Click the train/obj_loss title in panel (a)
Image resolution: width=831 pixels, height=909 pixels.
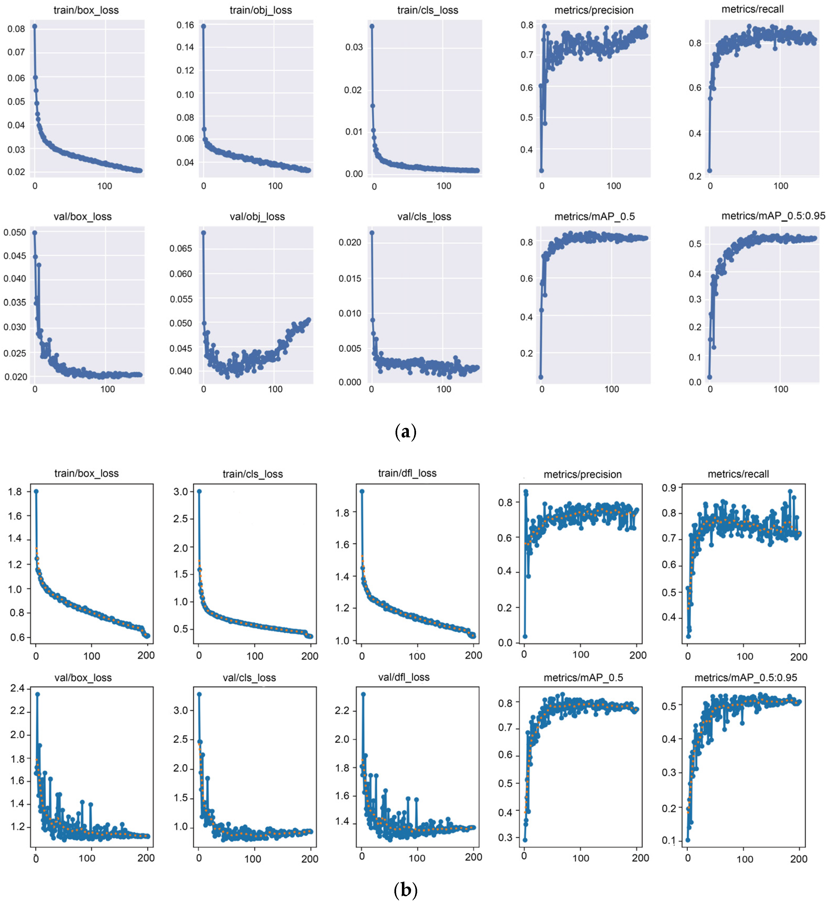click(x=260, y=10)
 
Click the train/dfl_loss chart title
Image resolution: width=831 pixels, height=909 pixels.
click(x=407, y=473)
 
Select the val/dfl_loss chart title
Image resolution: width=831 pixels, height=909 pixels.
click(x=404, y=677)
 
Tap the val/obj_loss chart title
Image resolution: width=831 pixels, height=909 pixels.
click(x=257, y=217)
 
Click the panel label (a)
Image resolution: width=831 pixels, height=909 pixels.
click(x=405, y=431)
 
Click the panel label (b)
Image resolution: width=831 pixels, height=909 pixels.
click(x=405, y=890)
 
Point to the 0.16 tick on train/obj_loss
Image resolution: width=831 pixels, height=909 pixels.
click(x=185, y=25)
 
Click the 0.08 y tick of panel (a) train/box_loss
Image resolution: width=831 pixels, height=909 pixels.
click(x=16, y=29)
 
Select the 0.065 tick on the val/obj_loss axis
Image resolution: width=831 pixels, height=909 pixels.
click(x=180, y=248)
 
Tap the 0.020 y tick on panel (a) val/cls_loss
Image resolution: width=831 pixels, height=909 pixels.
click(x=350, y=243)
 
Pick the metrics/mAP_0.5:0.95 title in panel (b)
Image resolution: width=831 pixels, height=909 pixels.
click(x=746, y=677)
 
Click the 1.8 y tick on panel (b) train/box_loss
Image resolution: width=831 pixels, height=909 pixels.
click(x=15, y=491)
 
